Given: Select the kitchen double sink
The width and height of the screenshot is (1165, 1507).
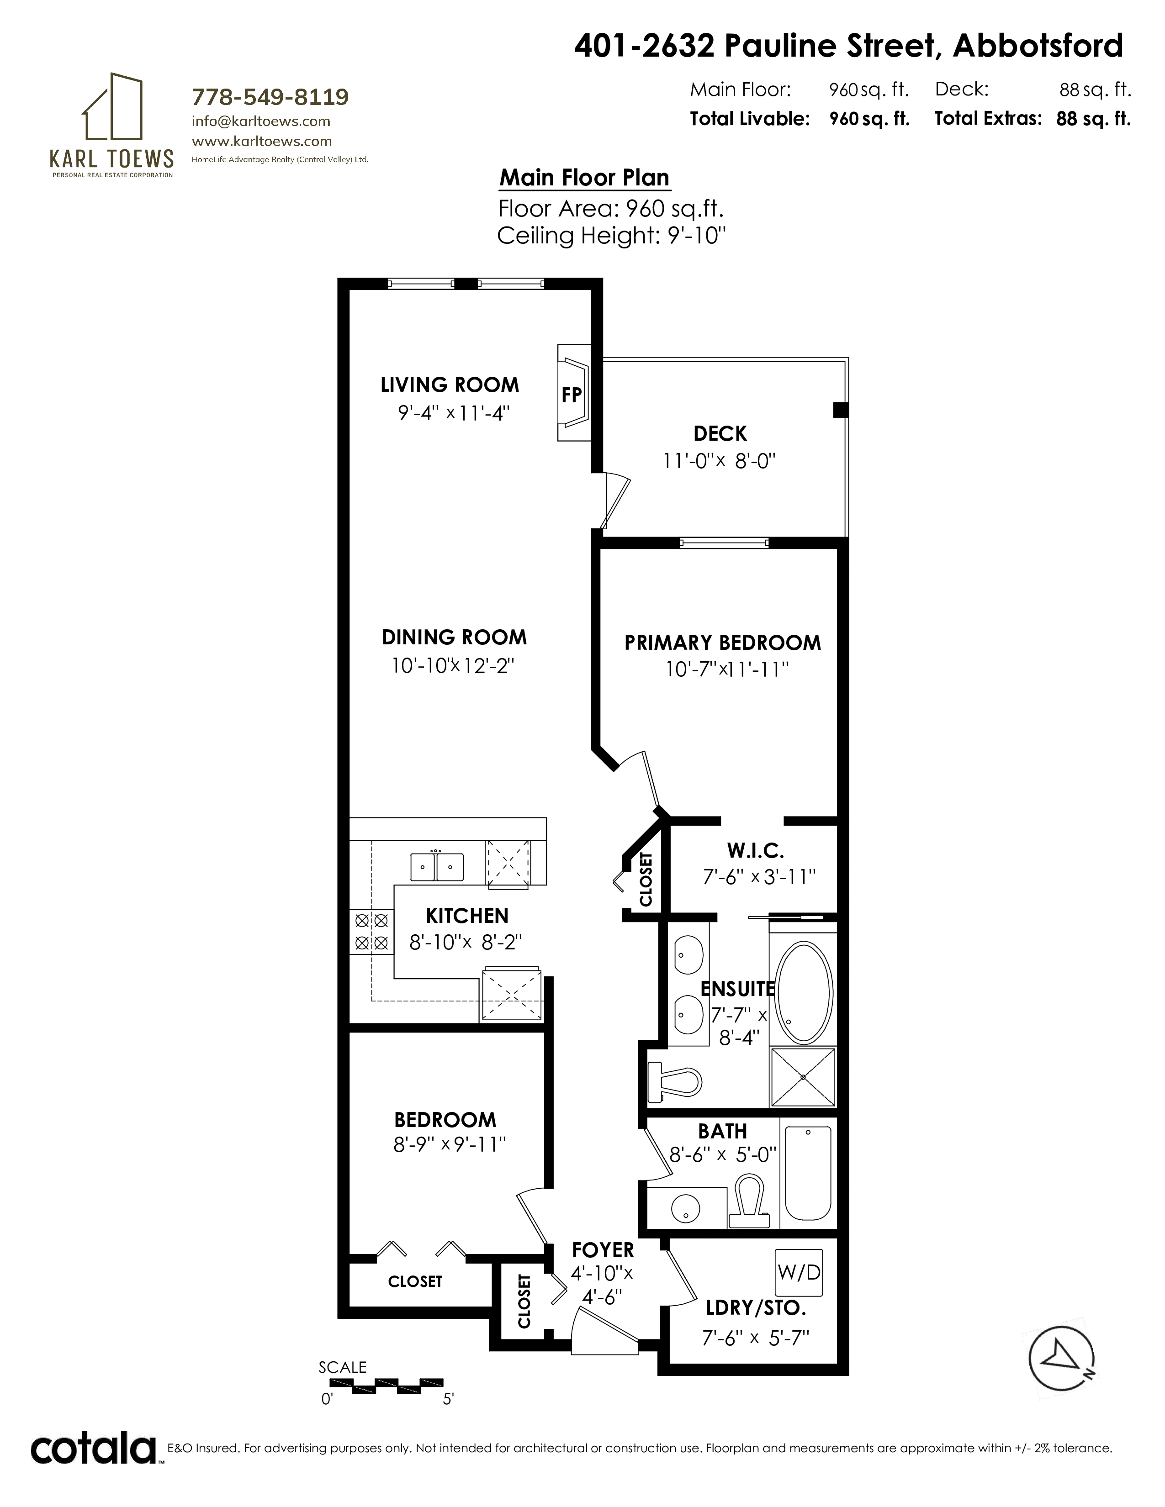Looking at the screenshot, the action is click(x=437, y=866).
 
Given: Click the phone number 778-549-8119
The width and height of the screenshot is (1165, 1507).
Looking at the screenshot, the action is click(x=270, y=97).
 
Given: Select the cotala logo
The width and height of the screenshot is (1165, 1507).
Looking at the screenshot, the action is click(x=93, y=1449).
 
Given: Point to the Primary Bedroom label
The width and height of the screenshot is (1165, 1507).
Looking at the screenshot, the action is click(x=723, y=643).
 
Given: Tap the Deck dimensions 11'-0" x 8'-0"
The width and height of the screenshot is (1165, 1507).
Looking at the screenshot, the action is click(x=720, y=461).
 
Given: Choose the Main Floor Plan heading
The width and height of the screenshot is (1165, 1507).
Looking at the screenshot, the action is click(x=585, y=178).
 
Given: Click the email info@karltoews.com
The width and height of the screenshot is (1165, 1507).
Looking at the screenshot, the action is click(x=261, y=121).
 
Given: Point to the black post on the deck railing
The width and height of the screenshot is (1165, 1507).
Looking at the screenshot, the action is click(x=841, y=410).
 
